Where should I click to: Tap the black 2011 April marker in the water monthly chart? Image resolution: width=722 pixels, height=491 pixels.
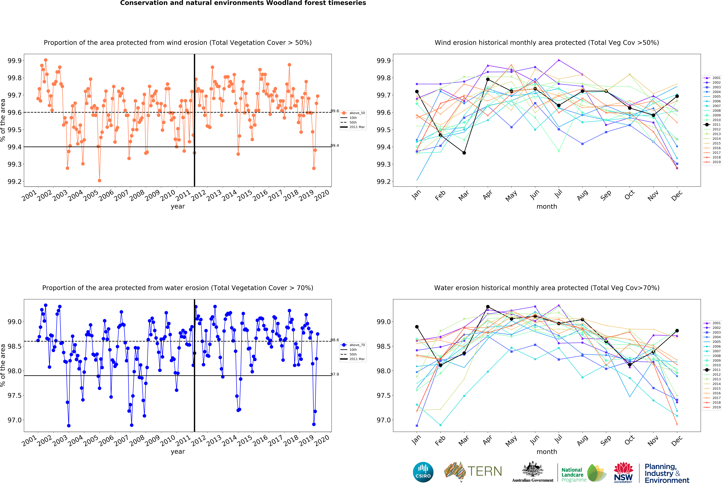click(488, 307)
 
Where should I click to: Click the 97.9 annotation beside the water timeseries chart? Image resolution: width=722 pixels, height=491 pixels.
click(335, 374)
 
